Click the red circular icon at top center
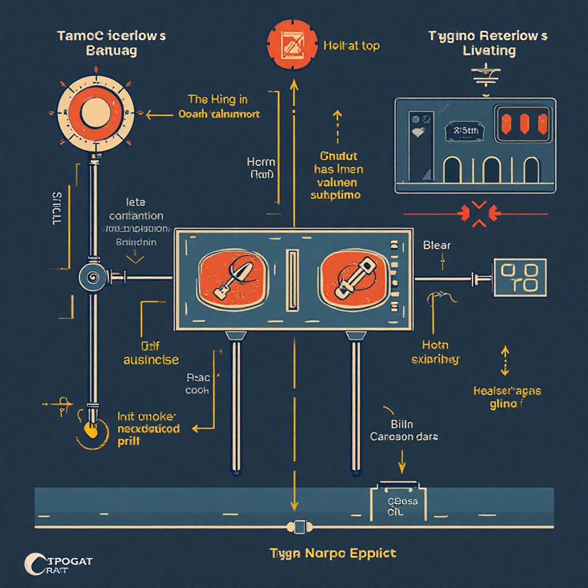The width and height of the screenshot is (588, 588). click(x=293, y=45)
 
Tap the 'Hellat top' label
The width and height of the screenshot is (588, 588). click(x=351, y=46)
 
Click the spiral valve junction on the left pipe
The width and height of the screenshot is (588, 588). click(x=91, y=277)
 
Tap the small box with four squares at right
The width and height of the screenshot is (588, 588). click(x=519, y=278)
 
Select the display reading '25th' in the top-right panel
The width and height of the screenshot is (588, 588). click(x=465, y=130)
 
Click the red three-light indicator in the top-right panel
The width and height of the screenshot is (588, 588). click(x=522, y=123)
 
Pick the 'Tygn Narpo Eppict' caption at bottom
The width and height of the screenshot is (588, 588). click(x=333, y=554)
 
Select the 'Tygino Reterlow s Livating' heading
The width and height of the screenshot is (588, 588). click(x=488, y=43)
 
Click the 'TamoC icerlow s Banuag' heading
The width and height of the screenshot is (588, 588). click(x=111, y=43)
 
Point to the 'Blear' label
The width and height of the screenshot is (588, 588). click(x=437, y=245)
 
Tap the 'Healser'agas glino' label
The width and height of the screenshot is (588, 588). click(x=506, y=397)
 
